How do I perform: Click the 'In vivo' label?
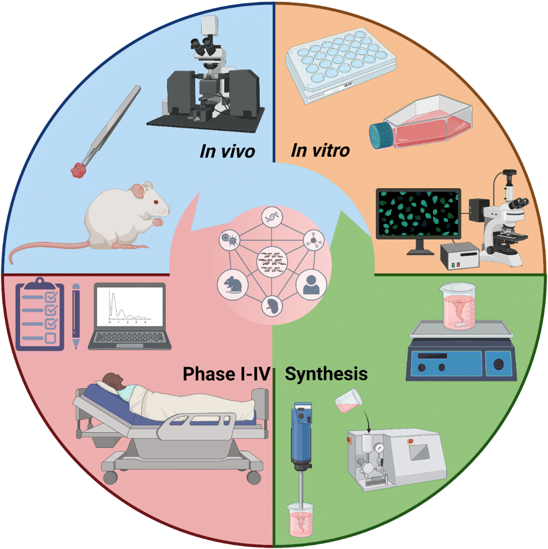tap(227, 151)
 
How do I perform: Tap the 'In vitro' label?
tap(320, 150)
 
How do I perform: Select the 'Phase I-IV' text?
tap(227, 374)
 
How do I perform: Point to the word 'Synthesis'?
tap(326, 374)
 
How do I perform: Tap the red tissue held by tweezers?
tap(78, 170)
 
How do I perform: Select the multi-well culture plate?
tap(341, 65)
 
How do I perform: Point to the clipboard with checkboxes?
tap(40, 314)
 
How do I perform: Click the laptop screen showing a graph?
tap(129, 307)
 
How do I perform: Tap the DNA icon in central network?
tap(272, 217)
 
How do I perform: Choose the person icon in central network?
tap(311, 284)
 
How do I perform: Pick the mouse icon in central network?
tap(233, 284)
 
